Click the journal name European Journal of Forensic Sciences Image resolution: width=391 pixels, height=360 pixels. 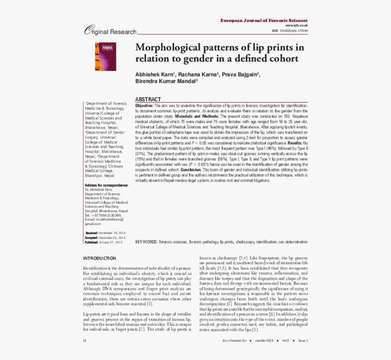pyautogui.click(x=264, y=20)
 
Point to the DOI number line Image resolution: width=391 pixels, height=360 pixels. pyautogui.click(x=290, y=30)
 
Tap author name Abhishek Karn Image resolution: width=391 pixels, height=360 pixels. pyautogui.click(x=155, y=74)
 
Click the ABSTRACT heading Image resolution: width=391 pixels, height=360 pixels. pyautogui.click(x=148, y=99)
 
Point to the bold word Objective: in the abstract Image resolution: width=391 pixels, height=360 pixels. pyautogui.click(x=144, y=105)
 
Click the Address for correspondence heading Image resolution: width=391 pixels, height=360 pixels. pyautogui.click(x=106, y=185)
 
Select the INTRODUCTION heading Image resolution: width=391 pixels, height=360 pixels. pyautogui.click(x=99, y=258)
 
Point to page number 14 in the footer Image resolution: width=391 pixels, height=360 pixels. pyautogui.click(x=85, y=340)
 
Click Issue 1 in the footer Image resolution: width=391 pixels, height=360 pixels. pyautogui.click(x=302, y=340)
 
